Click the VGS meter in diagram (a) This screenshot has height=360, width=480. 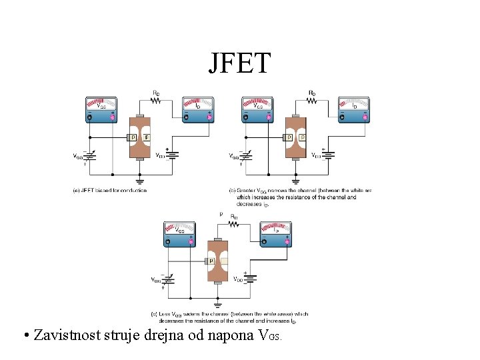coord(101,110)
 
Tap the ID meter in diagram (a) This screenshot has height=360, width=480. coord(198,110)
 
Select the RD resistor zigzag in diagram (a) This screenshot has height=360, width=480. coord(156,101)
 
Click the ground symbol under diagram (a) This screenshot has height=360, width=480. coord(140,179)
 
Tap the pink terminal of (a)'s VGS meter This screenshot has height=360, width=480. coord(113,118)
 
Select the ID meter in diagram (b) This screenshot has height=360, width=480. coord(354,110)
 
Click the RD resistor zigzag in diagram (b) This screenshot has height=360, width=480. coord(312,101)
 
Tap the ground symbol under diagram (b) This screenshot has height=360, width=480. coord(296,179)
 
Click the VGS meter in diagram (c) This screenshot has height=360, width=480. coord(180,233)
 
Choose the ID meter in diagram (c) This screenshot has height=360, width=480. coord(276,233)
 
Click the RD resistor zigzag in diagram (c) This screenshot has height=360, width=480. coord(234,225)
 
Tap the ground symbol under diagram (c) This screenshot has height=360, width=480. coord(218,303)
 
